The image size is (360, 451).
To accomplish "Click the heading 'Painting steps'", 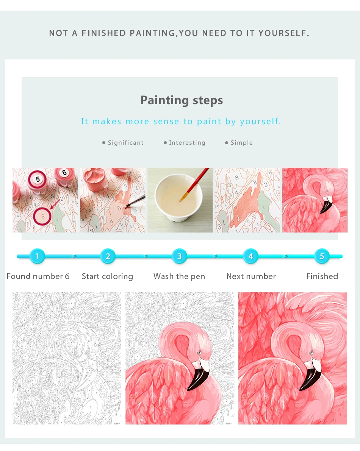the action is point(182,100).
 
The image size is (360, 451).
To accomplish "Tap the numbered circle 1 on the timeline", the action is point(37,256).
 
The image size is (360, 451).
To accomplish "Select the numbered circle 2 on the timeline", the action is point(108,256).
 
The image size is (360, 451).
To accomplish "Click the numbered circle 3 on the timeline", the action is point(179,256).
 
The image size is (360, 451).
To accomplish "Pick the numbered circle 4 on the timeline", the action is point(250,256).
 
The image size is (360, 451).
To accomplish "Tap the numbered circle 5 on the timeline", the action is point(322,256).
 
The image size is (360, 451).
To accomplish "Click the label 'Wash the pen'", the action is point(179,276).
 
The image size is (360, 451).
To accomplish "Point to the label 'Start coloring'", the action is point(107,276).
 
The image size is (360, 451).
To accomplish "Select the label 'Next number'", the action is point(251,276).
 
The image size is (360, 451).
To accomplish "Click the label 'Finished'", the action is point(322,276).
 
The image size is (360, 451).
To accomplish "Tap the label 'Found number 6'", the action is point(38,276).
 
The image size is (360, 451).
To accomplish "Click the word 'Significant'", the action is point(125,143).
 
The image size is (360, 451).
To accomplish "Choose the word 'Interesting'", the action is point(187,143).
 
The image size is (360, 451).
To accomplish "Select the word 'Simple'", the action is point(241,143).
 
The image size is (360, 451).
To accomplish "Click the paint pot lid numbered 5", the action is point(38,179).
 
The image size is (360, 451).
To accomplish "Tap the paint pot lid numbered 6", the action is point(64,173).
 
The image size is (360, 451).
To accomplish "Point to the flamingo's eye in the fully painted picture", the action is point(311,353).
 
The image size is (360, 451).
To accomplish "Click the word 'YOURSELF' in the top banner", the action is point(283,33).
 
